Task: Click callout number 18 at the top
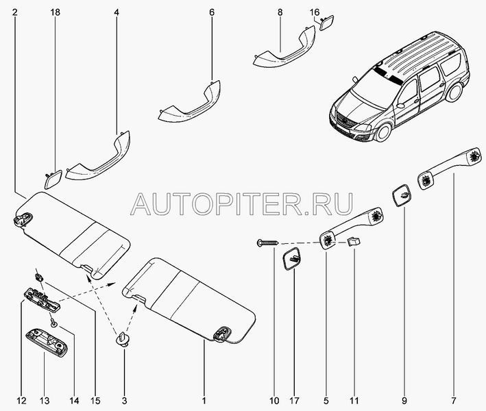[56, 12]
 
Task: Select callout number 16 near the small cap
[314, 12]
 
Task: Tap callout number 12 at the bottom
[21, 401]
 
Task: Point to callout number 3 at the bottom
[124, 401]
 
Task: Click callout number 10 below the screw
[274, 401]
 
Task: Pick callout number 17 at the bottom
[295, 401]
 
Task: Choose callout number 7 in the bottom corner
[454, 401]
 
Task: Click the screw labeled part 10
[268, 242]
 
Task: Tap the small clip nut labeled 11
[354, 241]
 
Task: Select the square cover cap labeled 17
[291, 258]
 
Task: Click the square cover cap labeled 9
[402, 196]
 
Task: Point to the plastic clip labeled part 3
[123, 338]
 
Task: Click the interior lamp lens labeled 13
[46, 343]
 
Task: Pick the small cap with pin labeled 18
[53, 179]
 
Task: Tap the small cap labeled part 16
[326, 23]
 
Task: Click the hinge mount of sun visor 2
[23, 219]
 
